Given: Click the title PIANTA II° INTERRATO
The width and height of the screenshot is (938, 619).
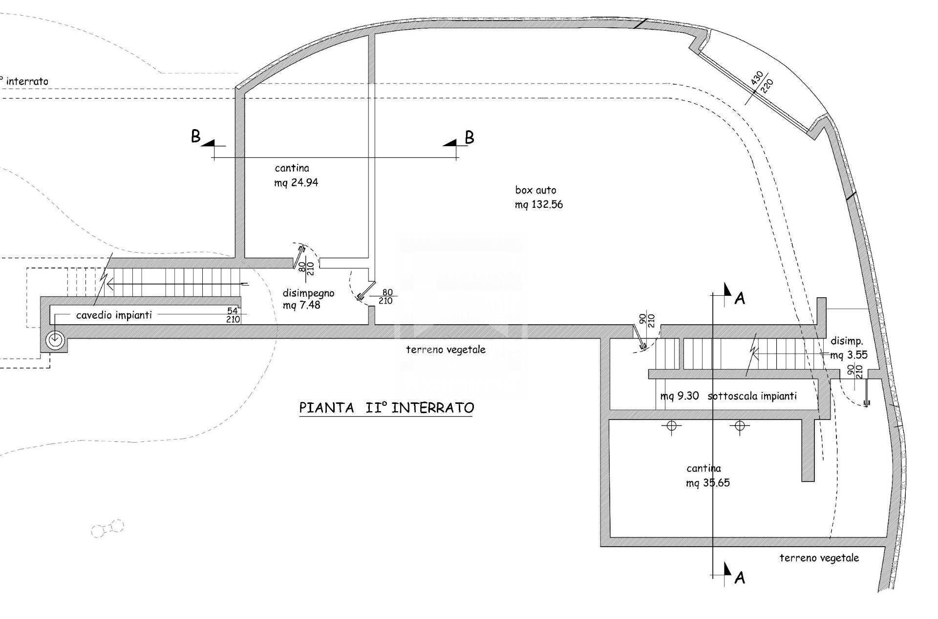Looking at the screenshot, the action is point(386,408).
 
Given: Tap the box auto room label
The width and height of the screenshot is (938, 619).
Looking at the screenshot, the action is point(535,190).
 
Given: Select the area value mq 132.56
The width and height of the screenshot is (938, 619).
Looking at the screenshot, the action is point(539,205).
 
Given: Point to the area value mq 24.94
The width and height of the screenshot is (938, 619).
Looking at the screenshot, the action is point(296,183).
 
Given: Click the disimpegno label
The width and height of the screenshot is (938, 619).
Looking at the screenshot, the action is point(308,293).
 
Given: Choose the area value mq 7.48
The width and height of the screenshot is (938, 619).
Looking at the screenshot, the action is point(302,306).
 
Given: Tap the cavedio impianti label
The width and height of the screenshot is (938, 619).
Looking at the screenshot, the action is point(114,315).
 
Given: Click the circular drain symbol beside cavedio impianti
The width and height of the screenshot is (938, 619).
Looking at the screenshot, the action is point(54,339).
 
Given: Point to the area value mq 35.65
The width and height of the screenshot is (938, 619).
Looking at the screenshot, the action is point(708,483).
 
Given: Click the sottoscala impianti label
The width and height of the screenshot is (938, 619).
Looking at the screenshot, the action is point(752,396).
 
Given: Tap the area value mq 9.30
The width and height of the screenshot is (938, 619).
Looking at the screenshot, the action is point(680,396).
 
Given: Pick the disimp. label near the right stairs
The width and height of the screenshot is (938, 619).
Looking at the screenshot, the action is point(847,341).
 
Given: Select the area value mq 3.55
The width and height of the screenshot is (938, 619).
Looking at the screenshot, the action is point(849,355).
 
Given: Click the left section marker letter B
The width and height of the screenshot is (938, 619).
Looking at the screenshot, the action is point(195,136).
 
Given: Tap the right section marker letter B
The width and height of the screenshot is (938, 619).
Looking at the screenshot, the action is point(469,137).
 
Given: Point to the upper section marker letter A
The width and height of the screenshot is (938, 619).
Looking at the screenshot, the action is point(740,298).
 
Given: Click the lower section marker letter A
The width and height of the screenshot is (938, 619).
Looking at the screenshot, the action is point(740,578).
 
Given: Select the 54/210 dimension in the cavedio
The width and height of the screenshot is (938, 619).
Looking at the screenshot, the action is point(233,315).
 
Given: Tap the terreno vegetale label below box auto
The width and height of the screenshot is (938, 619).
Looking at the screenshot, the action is point(446,350).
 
